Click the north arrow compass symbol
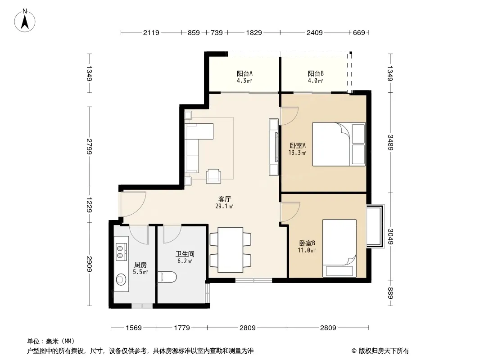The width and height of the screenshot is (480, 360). point(25,21)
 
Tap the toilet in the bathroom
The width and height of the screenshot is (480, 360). point(167,277)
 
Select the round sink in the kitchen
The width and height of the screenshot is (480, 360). point(121,279)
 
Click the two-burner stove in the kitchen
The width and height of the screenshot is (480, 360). point(121,252)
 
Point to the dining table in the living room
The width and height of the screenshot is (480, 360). point(231,250)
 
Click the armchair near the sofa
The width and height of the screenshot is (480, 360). point(213,176)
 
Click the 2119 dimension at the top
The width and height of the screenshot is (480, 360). point(151,32)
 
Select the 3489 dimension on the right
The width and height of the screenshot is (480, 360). point(390,143)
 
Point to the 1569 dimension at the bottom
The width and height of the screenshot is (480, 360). point(134,328)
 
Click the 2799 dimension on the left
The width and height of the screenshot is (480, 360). point(89,147)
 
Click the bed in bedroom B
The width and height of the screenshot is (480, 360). point(340,248)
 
